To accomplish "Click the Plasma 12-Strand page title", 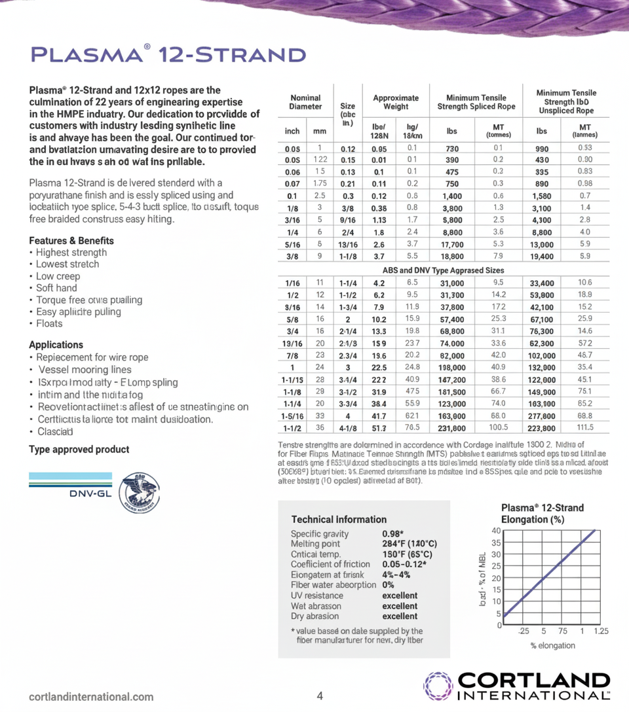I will click(168, 54).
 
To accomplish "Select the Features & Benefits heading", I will click(71, 240).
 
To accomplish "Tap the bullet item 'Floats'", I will click(49, 323).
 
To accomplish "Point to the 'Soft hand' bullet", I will click(56, 288).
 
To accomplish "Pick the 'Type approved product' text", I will click(79, 450).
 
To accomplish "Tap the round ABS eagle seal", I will click(140, 493).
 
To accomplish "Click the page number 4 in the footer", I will click(320, 696).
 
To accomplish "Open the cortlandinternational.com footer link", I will click(91, 697).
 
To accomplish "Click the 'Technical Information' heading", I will click(339, 519).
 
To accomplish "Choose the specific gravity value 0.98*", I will click(392, 533).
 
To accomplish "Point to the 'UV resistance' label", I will click(316, 596).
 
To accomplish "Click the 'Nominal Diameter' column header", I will click(305, 102).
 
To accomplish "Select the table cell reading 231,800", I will click(451, 428).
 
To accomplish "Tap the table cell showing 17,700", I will click(451, 244).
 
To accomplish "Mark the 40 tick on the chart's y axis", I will click(497, 530).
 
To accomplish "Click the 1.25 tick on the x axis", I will click(601, 631).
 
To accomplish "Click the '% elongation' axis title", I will click(552, 645).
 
